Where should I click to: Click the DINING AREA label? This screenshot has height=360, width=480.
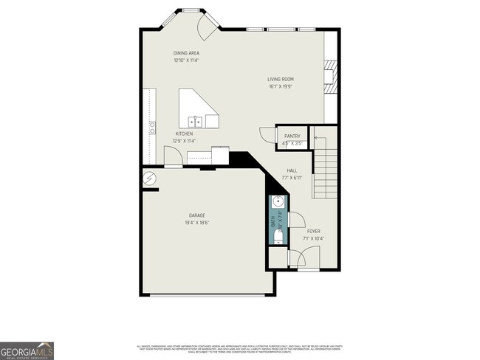pyautogui.click(x=186, y=53)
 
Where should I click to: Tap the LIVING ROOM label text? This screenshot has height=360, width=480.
pyautogui.click(x=281, y=79)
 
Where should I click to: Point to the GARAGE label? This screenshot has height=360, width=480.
pyautogui.click(x=196, y=215)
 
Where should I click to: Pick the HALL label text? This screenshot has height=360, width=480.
pyautogui.click(x=292, y=170)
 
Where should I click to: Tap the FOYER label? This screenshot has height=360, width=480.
pyautogui.click(x=314, y=231)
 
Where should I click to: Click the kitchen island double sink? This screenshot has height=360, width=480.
pyautogui.click(x=196, y=122)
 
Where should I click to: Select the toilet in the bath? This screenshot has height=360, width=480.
pyautogui.click(x=278, y=236)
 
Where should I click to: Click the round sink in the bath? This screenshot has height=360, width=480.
pyautogui.click(x=278, y=201)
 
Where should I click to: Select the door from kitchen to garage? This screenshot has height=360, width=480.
pyautogui.click(x=172, y=157)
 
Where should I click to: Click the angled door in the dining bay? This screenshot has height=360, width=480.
pyautogui.click(x=206, y=29)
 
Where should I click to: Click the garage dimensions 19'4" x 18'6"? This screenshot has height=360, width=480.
pyautogui.click(x=196, y=223)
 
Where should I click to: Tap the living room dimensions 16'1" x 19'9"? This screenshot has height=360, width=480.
pyautogui.click(x=281, y=86)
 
